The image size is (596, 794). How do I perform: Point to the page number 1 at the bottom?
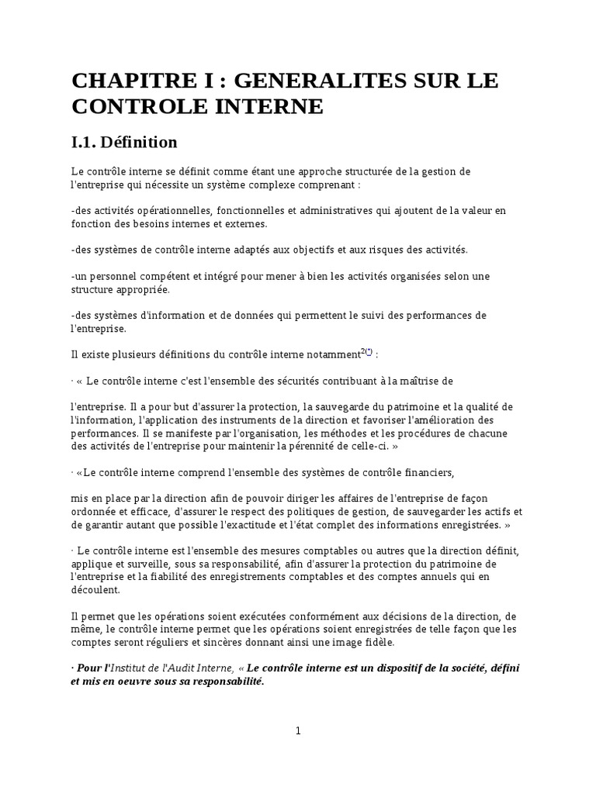pyautogui.click(x=298, y=730)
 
